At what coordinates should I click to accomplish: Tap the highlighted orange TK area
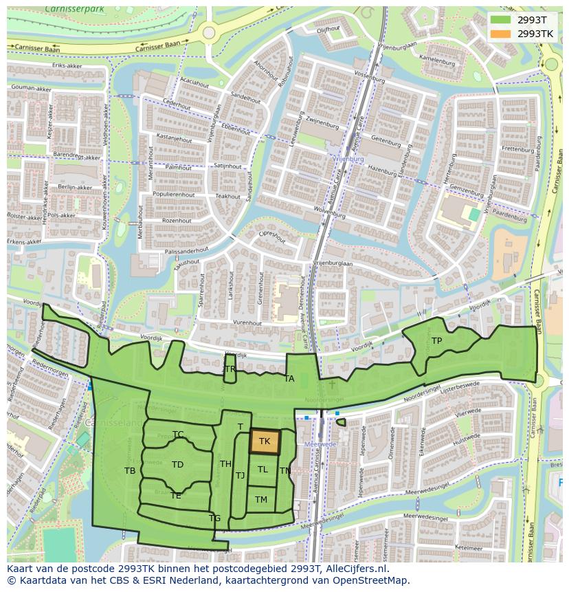point(265,441)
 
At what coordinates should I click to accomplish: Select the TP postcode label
point(436,340)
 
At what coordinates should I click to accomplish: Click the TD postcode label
point(177,465)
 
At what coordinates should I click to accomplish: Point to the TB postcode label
point(130,471)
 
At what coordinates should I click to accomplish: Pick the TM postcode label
point(261,500)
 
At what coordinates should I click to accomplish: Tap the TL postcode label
point(263,470)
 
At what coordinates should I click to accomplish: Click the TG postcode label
point(214,518)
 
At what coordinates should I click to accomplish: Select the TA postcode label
point(289,379)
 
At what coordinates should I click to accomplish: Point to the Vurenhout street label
point(247,322)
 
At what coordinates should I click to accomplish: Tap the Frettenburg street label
point(518,149)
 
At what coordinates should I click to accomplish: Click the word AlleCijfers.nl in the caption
point(357,569)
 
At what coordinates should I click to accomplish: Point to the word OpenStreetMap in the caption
point(375,581)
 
